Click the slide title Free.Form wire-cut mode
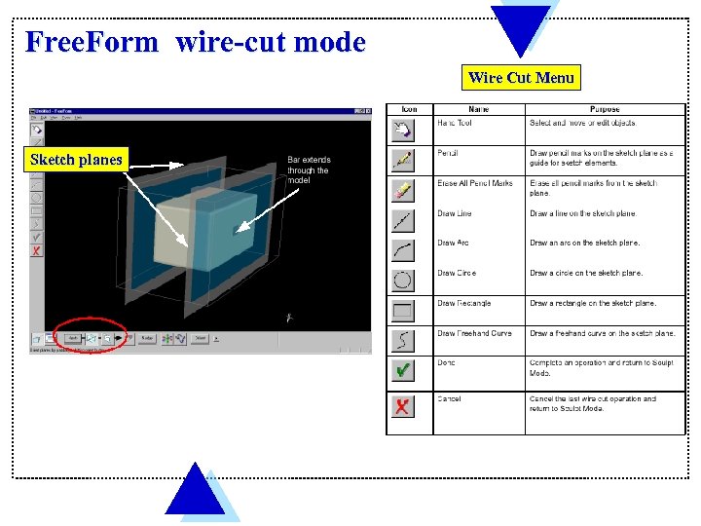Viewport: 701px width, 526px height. point(196,43)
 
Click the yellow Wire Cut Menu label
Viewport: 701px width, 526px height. point(521,77)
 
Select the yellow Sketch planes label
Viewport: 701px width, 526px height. point(76,159)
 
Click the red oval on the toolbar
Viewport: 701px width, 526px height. point(90,336)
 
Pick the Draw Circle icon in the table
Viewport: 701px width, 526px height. point(403,282)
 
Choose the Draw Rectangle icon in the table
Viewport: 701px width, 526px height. point(403,311)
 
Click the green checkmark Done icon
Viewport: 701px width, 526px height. point(403,370)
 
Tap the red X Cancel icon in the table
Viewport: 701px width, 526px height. point(403,406)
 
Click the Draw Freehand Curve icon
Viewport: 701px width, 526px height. point(403,340)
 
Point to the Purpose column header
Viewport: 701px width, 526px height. point(605,109)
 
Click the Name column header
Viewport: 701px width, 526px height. point(479,109)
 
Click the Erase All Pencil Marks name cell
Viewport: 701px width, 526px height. point(475,183)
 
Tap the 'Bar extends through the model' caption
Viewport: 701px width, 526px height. point(309,170)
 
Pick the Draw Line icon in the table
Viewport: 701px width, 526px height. point(403,221)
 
